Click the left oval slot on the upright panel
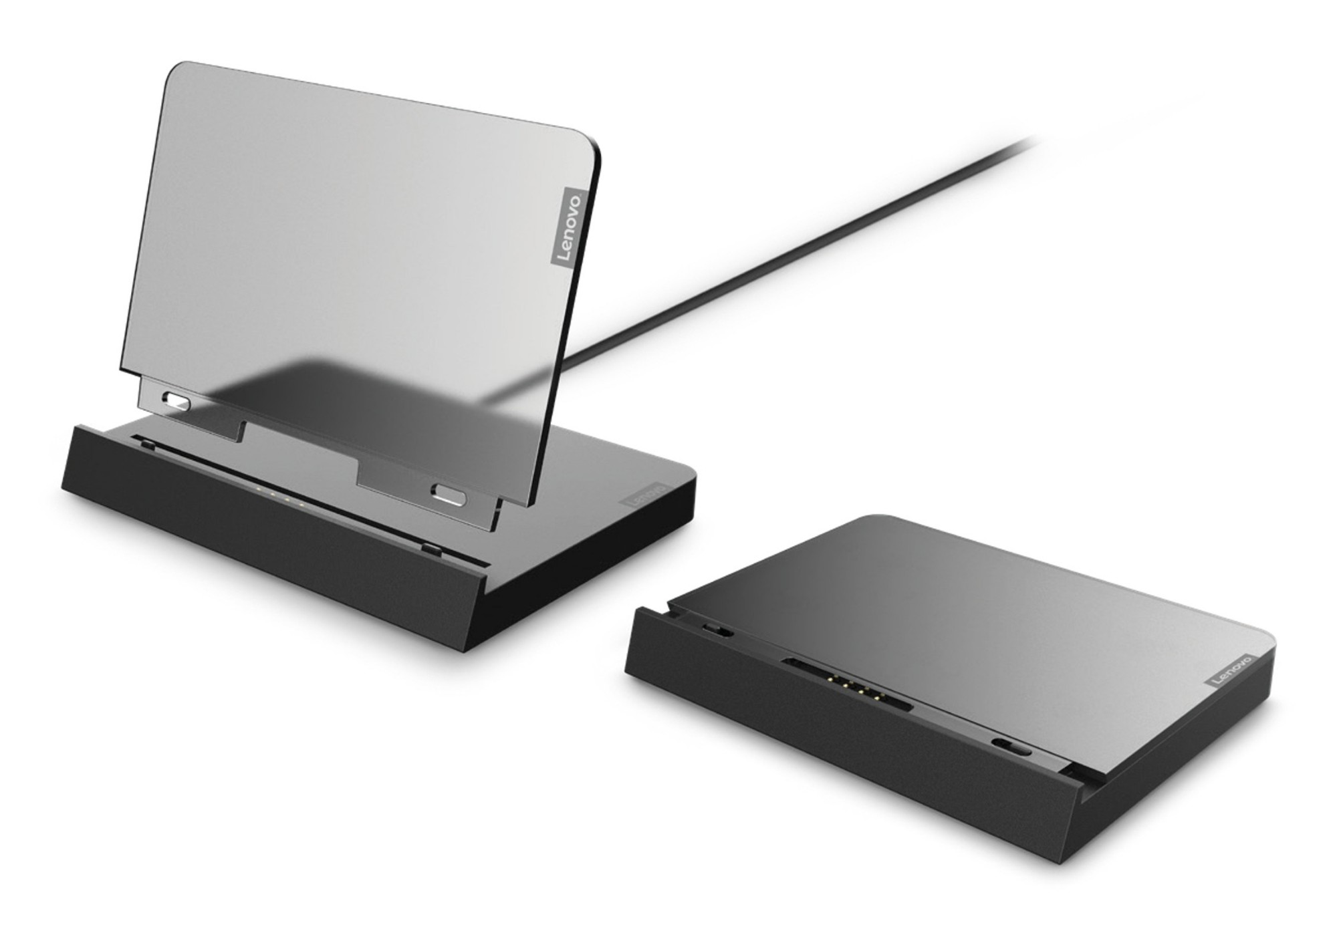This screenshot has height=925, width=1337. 176,403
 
